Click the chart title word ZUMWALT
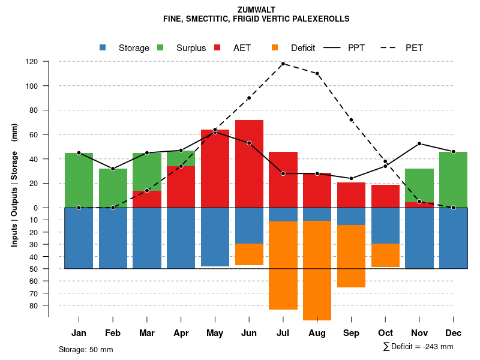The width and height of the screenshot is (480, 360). pyautogui.click(x=256, y=10)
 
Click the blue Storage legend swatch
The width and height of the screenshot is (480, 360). pyautogui.click(x=103, y=47)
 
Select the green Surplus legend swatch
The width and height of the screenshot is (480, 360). pyautogui.click(x=160, y=47)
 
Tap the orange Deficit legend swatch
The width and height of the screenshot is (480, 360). pyautogui.click(x=275, y=47)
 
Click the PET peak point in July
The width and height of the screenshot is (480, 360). pyautogui.click(x=283, y=64)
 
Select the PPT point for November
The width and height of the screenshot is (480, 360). pyautogui.click(x=419, y=143)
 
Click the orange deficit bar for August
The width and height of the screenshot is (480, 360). pyautogui.click(x=317, y=270)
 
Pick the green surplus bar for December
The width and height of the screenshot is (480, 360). pyautogui.click(x=453, y=179)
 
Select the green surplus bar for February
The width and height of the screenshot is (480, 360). pyautogui.click(x=113, y=188)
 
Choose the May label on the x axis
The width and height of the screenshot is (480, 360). pyautogui.click(x=215, y=333)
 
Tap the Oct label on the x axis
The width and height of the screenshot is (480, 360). pyautogui.click(x=385, y=333)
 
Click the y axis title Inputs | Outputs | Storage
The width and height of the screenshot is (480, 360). pyautogui.click(x=14, y=184)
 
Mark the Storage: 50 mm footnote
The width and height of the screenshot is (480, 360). pyautogui.click(x=86, y=349)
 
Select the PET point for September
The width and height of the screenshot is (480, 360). pyautogui.click(x=351, y=120)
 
